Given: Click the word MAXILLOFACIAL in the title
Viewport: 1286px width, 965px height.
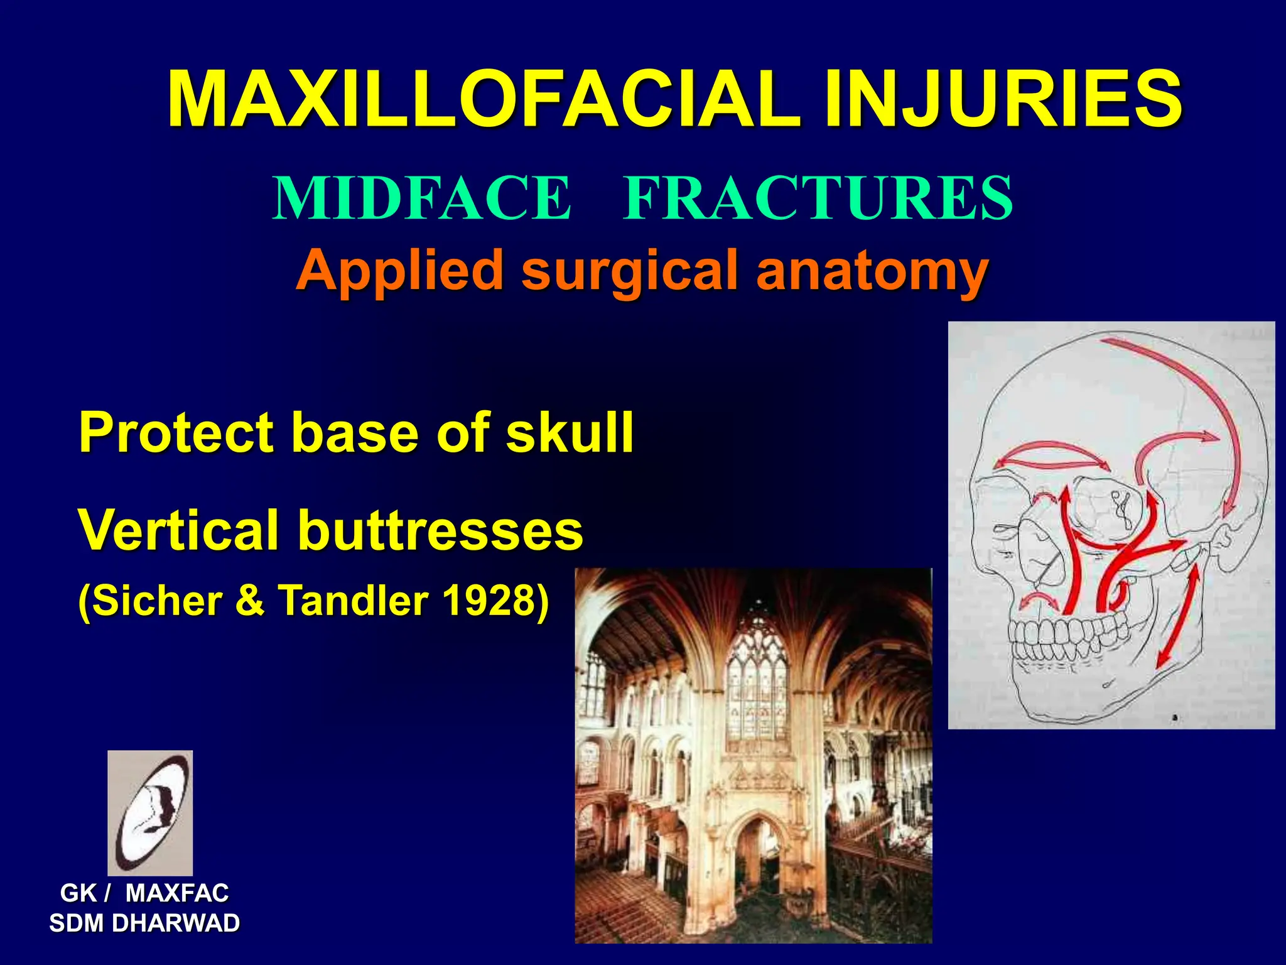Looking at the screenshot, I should (x=484, y=99).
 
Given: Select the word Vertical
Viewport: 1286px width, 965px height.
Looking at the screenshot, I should (x=178, y=530).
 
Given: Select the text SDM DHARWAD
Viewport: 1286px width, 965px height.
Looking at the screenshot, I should (x=144, y=923).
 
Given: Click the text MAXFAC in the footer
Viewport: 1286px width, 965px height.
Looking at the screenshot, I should (x=177, y=893).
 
